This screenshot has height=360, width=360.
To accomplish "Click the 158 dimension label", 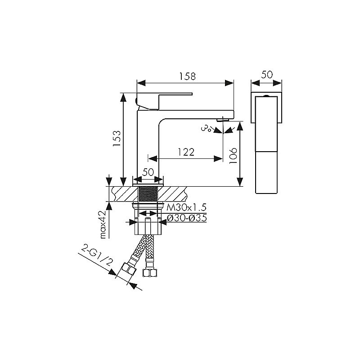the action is click(x=187, y=76).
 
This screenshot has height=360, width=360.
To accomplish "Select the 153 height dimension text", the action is click(x=117, y=139).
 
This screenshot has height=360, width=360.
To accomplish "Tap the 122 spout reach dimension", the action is click(x=186, y=152).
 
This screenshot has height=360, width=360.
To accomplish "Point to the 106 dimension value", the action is click(x=233, y=156).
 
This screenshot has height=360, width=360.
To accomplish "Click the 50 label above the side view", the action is click(x=267, y=75).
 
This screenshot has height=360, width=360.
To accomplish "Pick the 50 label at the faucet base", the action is click(x=148, y=172).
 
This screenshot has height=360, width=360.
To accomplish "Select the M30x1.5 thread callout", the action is click(x=186, y=207).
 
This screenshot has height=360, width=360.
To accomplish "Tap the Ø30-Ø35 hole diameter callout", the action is click(x=187, y=218).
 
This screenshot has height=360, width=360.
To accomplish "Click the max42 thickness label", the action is click(x=103, y=225).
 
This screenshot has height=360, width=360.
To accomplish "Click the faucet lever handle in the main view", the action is click(x=164, y=100).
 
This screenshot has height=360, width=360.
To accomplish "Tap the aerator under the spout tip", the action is click(x=223, y=119).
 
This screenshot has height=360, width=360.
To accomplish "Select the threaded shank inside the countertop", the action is click(x=148, y=194).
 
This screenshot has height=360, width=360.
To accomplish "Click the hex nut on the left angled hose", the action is click(x=128, y=269).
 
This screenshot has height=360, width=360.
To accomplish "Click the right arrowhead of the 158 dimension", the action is click(x=229, y=83).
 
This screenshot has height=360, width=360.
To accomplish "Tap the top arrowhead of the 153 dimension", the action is click(x=123, y=97).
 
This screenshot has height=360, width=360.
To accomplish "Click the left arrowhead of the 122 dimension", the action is click(x=153, y=159).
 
